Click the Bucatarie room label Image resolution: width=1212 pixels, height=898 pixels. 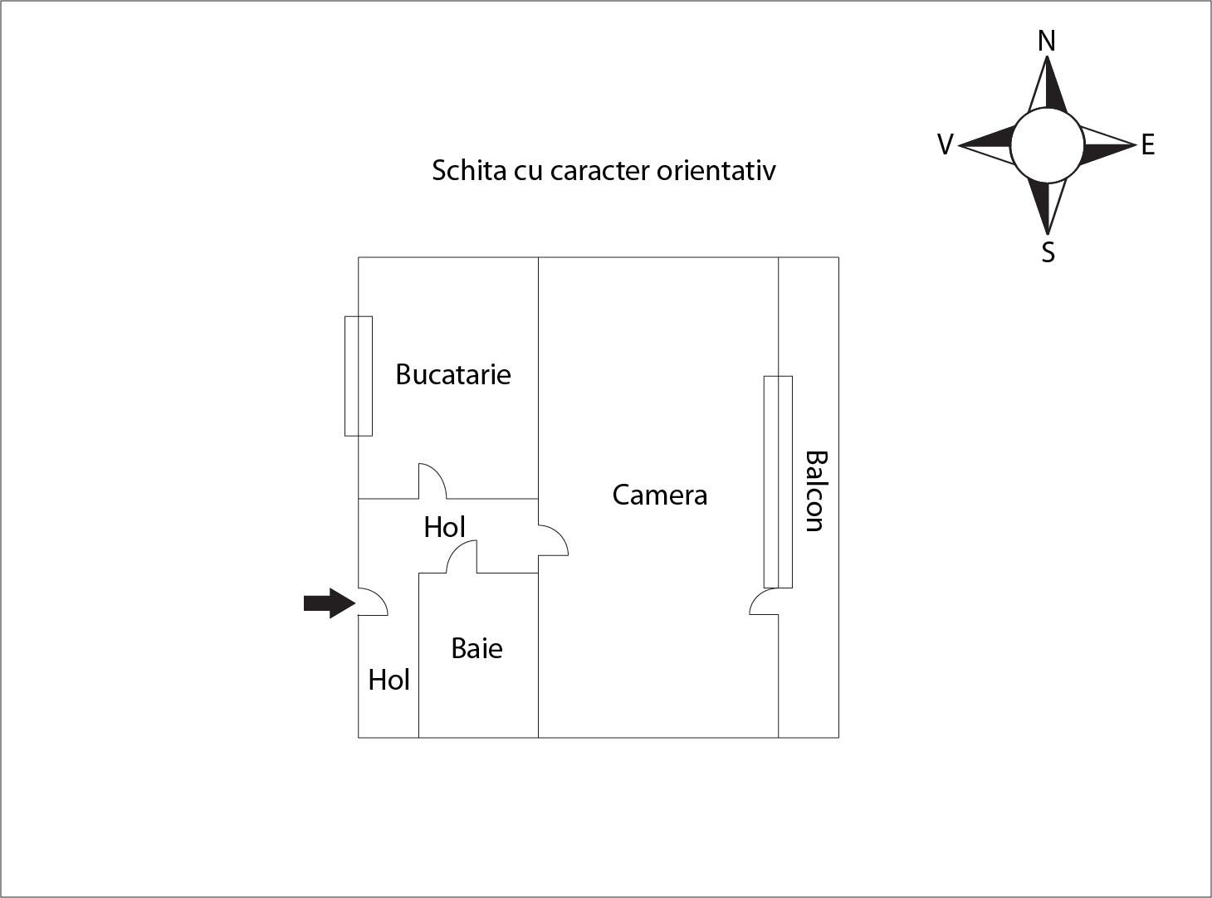click(x=452, y=374)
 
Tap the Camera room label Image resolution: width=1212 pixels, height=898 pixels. click(x=660, y=495)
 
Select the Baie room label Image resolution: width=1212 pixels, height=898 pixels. click(x=476, y=648)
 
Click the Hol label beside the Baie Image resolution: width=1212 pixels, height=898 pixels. click(x=389, y=680)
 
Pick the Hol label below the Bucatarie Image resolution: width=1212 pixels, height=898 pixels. click(x=444, y=527)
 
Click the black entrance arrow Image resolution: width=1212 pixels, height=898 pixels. click(x=329, y=603)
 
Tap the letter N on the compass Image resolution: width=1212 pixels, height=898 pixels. click(x=1047, y=41)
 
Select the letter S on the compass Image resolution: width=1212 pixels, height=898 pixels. click(x=1048, y=251)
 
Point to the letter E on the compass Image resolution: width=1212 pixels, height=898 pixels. click(x=1148, y=145)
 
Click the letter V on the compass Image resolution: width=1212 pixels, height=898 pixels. click(x=945, y=145)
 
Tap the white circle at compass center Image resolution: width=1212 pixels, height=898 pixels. click(x=1047, y=145)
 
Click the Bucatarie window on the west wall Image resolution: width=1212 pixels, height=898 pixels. click(x=359, y=376)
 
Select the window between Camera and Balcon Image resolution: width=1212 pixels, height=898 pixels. click(x=778, y=482)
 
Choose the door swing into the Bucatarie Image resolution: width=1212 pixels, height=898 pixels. click(x=432, y=482)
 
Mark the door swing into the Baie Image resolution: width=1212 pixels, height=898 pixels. click(x=462, y=558)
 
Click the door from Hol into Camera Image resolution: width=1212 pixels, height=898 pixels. click(x=552, y=540)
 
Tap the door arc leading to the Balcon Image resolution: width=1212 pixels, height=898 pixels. click(x=765, y=602)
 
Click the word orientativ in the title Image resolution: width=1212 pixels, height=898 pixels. click(x=716, y=170)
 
